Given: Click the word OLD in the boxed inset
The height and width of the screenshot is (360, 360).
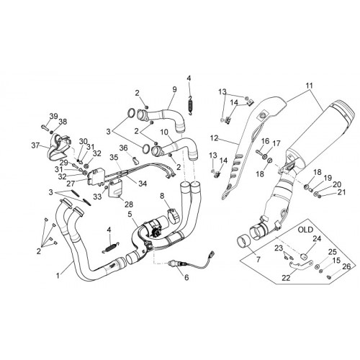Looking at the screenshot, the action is point(305,230).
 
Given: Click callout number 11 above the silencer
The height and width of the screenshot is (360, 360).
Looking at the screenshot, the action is point(310,86).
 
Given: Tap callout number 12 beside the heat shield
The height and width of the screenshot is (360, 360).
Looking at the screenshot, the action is point(215,138).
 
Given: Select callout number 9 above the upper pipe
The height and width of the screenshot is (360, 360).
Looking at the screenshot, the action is point(174,89).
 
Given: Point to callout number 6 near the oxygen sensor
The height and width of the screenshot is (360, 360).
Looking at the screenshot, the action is point(186,277).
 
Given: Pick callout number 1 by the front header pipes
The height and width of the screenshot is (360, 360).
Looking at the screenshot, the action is point(58,276).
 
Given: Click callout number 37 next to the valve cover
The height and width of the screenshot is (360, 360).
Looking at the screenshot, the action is point(35,145).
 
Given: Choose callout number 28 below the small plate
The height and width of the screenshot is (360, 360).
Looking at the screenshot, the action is point(129,204).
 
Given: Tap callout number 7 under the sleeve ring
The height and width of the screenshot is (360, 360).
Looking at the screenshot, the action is point(258,260).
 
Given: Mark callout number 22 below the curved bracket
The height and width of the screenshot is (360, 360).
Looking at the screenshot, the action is point(287,278).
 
